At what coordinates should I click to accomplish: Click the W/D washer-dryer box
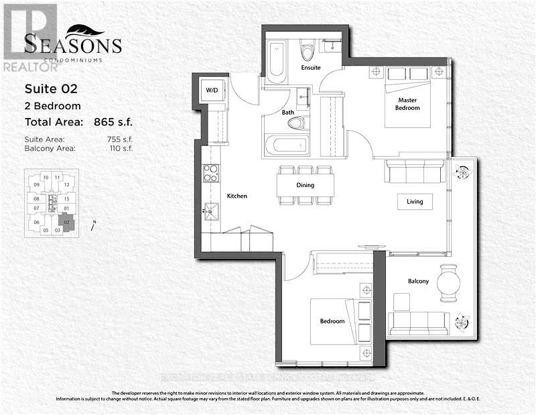[x=212, y=91]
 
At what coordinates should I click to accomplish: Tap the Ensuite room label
[x=311, y=68]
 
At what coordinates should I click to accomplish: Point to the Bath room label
[x=288, y=113]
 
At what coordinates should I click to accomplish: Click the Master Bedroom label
[x=408, y=103]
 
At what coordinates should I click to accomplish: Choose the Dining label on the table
[x=305, y=186]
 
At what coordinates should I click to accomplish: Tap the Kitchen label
[x=237, y=196]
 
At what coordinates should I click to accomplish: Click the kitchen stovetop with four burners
[x=210, y=173]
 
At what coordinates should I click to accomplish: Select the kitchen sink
[x=211, y=213]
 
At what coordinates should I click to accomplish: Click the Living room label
[x=415, y=201]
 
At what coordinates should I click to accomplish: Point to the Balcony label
[x=417, y=281]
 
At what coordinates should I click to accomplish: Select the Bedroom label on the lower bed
[x=332, y=321]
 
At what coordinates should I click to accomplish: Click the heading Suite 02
[x=52, y=88]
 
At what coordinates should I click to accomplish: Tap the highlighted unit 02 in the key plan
[x=66, y=221]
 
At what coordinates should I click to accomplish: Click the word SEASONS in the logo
[x=73, y=46]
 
